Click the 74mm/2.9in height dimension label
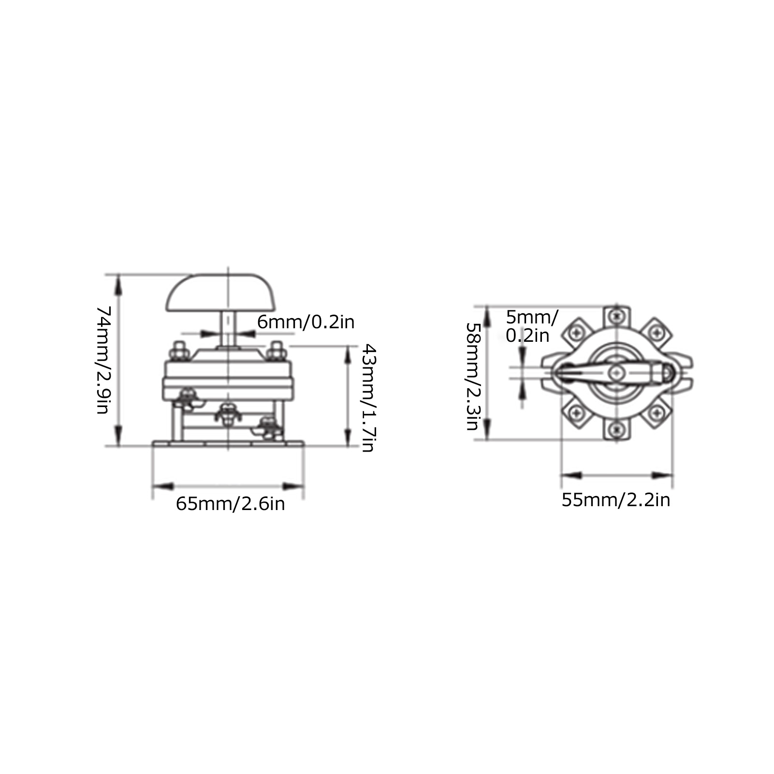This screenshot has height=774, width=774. (x=105, y=360)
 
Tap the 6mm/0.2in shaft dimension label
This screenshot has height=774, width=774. (x=306, y=322)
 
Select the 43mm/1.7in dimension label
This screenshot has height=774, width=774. (x=368, y=398)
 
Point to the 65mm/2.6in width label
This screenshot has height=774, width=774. (x=230, y=504)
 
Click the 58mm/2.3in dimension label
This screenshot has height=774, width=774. (x=472, y=376)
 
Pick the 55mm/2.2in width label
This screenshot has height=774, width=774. (x=616, y=500)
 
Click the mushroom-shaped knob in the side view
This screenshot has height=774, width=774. (x=221, y=293)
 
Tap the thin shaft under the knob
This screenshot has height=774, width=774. (x=228, y=329)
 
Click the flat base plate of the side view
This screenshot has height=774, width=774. (x=228, y=443)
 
